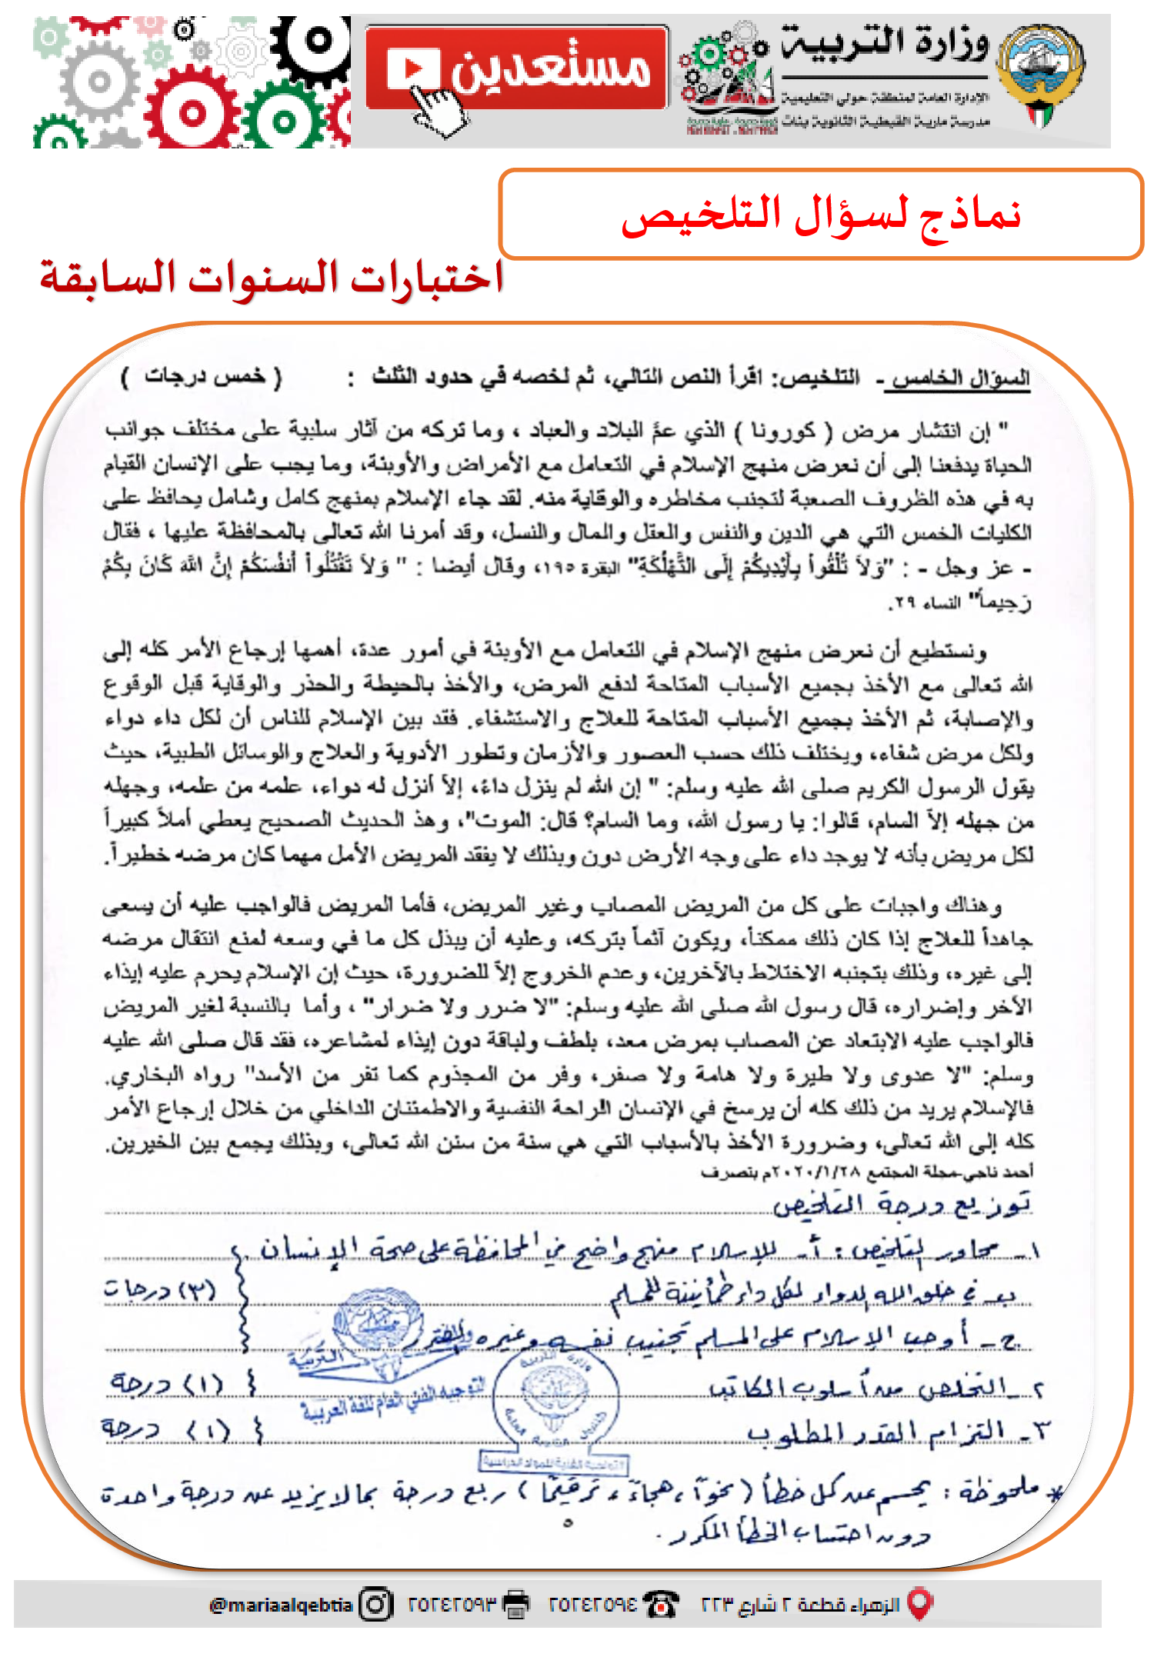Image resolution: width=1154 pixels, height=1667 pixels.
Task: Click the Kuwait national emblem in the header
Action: click(x=1040, y=75)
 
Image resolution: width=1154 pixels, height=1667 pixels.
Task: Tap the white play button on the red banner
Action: click(x=413, y=69)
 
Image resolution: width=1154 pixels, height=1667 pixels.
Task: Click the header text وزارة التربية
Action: click(x=885, y=44)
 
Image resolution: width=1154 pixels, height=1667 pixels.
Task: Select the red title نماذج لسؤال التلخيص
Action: click(x=821, y=215)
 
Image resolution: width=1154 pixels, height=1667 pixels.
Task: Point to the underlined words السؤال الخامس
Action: click(x=958, y=379)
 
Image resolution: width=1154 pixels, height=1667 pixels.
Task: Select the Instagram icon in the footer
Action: click(x=376, y=1605)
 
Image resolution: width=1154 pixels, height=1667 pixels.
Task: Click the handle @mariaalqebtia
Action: click(x=281, y=1605)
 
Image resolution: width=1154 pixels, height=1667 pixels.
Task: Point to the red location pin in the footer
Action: click(x=920, y=1604)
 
